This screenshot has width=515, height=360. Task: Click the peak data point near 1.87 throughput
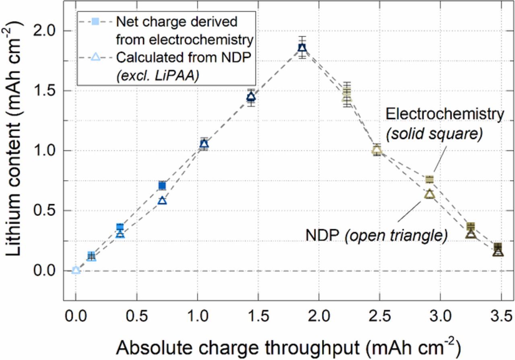[x=302, y=48]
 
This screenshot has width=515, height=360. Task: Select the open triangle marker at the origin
[x=76, y=270]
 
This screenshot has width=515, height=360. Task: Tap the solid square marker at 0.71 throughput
[x=162, y=186]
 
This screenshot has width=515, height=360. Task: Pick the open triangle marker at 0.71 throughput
[x=162, y=201]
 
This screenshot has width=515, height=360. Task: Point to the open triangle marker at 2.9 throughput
[x=429, y=194]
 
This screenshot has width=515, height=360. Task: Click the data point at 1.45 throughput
[x=251, y=97]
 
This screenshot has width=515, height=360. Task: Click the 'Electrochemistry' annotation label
[x=444, y=114]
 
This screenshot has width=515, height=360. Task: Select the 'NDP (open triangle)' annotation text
[x=376, y=236]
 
